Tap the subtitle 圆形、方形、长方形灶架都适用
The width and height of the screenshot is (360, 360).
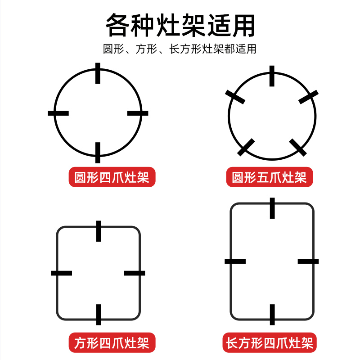(180, 49)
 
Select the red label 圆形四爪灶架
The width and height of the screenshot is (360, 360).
(112, 177)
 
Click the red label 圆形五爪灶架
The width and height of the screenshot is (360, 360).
(269, 177)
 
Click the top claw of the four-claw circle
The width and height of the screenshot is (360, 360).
(98, 74)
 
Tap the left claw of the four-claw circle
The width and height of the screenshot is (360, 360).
(58, 113)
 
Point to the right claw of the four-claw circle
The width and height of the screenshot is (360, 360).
(138, 113)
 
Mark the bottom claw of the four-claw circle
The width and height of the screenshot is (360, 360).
(98, 152)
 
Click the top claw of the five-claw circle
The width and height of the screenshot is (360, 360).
(272, 76)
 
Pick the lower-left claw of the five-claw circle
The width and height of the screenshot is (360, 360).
(246, 147)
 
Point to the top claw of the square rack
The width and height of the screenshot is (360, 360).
(99, 231)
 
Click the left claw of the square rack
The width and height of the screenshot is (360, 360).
(62, 273)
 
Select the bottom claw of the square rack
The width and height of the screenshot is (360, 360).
(99, 314)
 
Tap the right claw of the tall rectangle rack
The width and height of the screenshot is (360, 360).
(308, 261)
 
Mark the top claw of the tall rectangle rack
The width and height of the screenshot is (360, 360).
(272, 208)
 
